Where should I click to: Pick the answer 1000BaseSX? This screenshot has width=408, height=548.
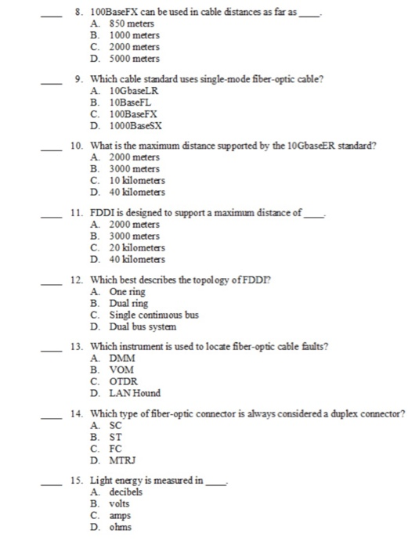(x=128, y=125)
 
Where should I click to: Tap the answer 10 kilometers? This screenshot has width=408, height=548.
(x=128, y=181)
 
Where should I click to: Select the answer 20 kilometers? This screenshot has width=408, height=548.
(x=128, y=248)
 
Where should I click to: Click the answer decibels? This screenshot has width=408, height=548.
(x=125, y=493)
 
